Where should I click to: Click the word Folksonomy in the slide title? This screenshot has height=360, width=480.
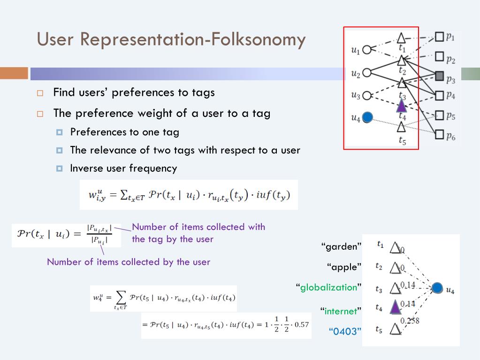pos(258,39)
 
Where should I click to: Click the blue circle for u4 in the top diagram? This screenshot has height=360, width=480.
pos(367,117)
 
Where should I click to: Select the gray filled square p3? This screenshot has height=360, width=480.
pos(439,76)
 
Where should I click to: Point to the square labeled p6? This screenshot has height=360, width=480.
pos(439,135)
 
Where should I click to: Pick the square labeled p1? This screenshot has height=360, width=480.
pos(439,36)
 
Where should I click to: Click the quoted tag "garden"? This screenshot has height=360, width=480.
pos(342,246)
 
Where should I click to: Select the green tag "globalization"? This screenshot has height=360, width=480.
pos(328,287)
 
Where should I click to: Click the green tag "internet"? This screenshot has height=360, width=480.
pos(341,310)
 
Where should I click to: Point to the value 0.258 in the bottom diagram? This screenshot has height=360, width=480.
pos(409,321)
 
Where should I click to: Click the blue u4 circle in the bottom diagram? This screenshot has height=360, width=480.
pos(437,288)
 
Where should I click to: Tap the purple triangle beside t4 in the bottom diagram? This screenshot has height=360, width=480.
pos(396,307)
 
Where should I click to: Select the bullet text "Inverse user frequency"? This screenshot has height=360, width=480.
pos(123,168)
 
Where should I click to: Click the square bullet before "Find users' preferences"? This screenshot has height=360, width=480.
pos(40,93)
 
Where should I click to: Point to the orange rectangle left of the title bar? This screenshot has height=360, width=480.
pos(14,74)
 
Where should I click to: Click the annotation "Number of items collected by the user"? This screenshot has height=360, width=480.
pos(128,262)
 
